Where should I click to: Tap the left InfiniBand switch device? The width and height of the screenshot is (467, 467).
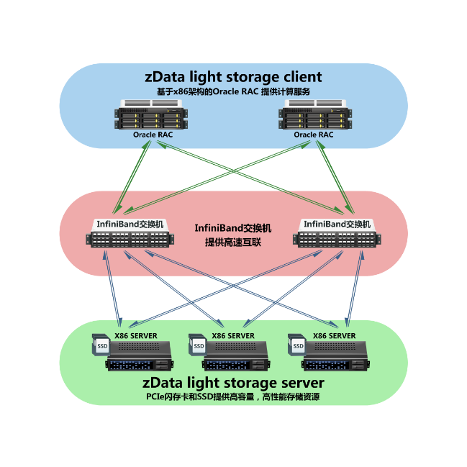pos(127,238)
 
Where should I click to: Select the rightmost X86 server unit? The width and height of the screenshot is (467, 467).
pos(335,355)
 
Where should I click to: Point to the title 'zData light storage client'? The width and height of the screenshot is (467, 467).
pos(233,77)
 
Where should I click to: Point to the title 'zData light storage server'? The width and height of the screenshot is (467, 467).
pos(233,382)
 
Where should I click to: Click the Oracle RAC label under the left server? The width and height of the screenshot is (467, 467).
pos(153,135)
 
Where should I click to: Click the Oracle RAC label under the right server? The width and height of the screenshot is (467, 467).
pos(314,135)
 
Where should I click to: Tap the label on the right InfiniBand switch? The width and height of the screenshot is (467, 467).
pos(337,225)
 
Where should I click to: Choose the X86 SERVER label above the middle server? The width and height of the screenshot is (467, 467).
pos(233,335)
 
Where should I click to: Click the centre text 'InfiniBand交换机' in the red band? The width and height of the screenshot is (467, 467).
pos(233,228)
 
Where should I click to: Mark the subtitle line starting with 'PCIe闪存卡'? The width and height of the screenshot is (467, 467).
pos(233,397)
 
